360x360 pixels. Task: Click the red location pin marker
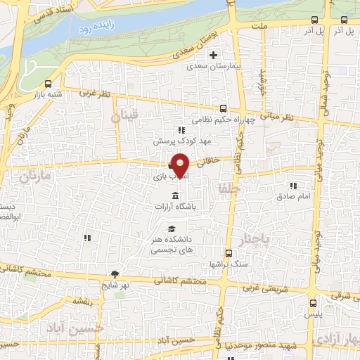(x=181, y=165)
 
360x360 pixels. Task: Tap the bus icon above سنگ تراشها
(x=228, y=253)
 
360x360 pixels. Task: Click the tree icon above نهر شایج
(x=115, y=274)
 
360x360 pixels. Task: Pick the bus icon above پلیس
(x=313, y=303)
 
